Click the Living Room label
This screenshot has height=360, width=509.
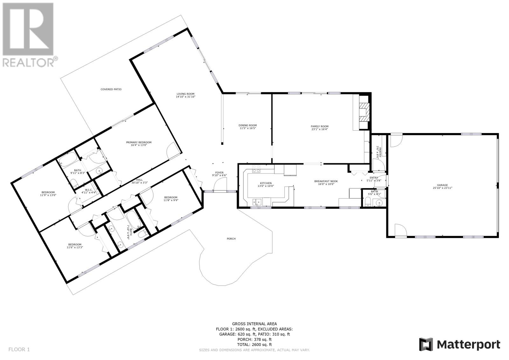click(185, 94)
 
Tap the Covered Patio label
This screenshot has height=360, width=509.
click(111, 89)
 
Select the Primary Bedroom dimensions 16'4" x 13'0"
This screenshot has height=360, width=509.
click(139, 145)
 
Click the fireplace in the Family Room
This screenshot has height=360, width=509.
click(364, 112)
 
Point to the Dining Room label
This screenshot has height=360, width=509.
click(248, 125)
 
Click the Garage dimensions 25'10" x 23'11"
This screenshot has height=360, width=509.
click(442, 188)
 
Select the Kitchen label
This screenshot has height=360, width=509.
click(266, 183)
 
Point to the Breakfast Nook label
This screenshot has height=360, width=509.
click(326, 181)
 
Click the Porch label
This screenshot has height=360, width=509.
click(231, 238)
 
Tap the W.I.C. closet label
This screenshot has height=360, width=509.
click(89, 190)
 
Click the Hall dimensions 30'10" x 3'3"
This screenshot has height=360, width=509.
click(140, 183)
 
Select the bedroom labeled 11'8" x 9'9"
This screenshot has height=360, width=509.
click(171, 199)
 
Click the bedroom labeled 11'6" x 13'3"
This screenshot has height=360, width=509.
click(75, 246)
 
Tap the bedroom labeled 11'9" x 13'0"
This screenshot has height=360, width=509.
click(48, 194)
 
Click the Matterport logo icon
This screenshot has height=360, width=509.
click(426, 344)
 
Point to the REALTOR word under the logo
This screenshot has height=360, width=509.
click(28, 62)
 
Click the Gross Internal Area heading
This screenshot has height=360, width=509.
click(254, 324)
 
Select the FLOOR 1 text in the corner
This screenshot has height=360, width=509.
click(19, 349)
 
